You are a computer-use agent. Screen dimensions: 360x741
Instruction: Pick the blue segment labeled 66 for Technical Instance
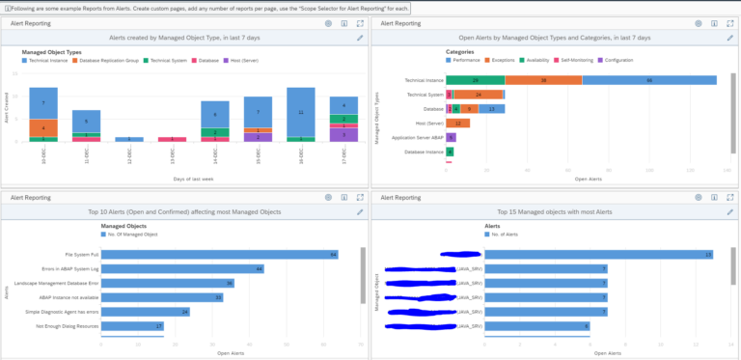(649, 80)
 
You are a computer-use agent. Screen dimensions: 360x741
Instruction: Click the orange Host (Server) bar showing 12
(458, 123)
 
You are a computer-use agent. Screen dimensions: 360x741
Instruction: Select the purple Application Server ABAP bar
(451, 137)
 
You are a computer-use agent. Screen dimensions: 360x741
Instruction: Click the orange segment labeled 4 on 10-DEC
(43, 126)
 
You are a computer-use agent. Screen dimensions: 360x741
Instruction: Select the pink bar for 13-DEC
(172, 139)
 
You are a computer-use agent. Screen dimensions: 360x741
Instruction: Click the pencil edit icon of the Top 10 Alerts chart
(360, 211)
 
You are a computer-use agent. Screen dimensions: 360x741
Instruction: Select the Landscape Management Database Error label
(56, 283)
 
